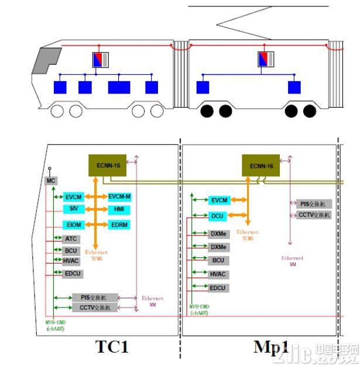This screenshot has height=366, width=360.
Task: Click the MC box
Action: (x=50, y=181)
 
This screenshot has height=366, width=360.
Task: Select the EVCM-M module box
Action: (x=119, y=196)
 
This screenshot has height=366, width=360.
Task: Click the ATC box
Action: (x=71, y=239)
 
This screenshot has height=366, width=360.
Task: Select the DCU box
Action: (x=218, y=216)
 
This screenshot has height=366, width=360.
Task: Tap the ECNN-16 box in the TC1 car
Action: (x=108, y=165)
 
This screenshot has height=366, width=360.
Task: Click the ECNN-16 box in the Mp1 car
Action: (x=262, y=165)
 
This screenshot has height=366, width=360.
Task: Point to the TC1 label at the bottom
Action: (x=112, y=347)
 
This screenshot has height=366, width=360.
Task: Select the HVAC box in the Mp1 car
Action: (x=218, y=274)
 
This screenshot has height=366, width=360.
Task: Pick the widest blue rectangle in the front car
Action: (x=119, y=88)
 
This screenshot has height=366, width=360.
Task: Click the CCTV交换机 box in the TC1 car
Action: (x=95, y=308)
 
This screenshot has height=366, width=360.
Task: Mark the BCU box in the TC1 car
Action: (x=71, y=250)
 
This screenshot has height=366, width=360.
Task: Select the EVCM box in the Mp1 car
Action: (x=218, y=201)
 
